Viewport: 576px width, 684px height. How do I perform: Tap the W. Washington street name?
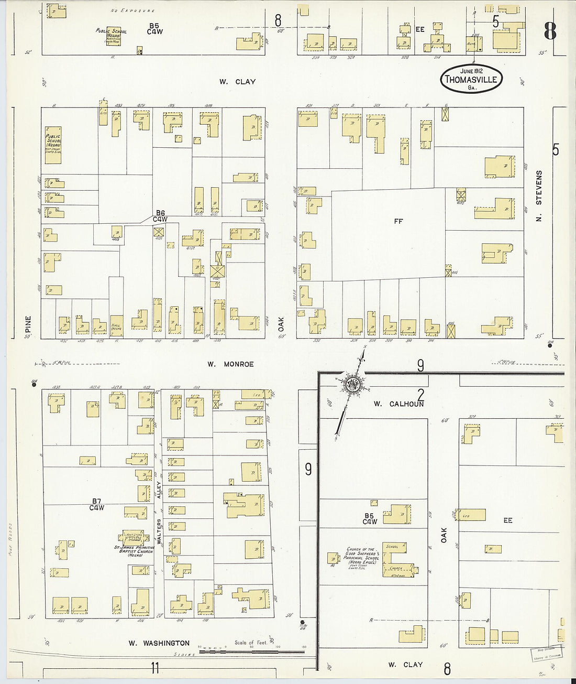tap(159, 643)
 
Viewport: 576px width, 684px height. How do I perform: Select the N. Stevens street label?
tap(539, 195)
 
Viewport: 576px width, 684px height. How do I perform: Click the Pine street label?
tap(28, 323)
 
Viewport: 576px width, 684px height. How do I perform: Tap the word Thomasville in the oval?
tap(471, 80)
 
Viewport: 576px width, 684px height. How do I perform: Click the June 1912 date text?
tap(471, 71)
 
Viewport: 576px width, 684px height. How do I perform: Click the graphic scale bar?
tap(251, 653)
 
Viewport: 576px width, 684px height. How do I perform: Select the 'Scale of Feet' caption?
tap(251, 643)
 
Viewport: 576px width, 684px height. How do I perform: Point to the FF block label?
tap(398, 221)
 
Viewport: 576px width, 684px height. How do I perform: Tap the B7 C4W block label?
tap(96, 504)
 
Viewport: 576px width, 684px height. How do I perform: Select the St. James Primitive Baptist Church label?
tap(134, 551)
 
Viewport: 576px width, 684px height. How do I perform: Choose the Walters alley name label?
tap(159, 532)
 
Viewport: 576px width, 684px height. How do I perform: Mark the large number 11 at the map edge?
tap(154, 668)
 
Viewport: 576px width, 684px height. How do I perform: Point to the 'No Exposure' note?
tap(133, 10)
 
